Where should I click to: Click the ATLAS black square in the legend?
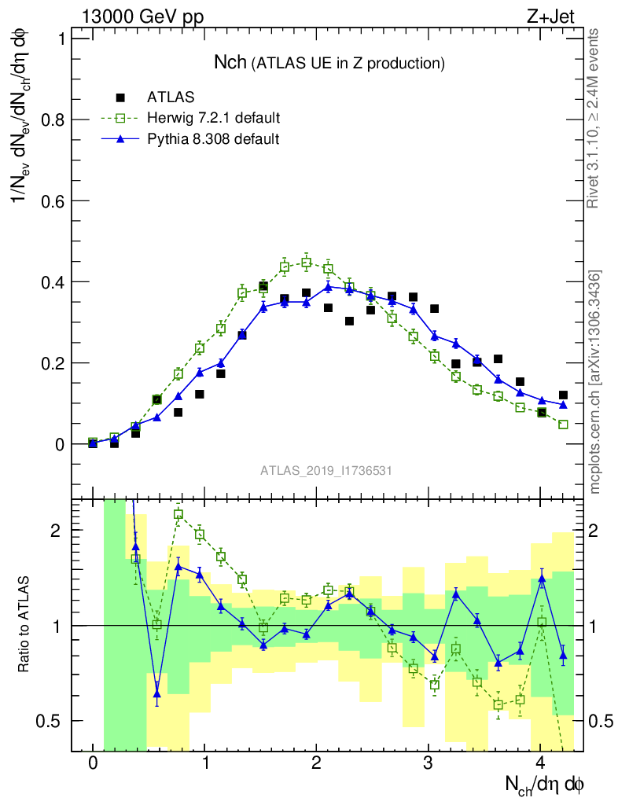120,97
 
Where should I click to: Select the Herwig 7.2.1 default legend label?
214,118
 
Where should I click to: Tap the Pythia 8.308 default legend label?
213,138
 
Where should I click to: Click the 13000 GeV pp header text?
142,18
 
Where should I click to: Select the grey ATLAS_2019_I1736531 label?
326,471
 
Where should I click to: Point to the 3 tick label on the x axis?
429,763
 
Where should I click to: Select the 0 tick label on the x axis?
93,763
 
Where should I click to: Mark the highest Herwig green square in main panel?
307,263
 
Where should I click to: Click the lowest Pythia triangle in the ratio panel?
157,694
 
